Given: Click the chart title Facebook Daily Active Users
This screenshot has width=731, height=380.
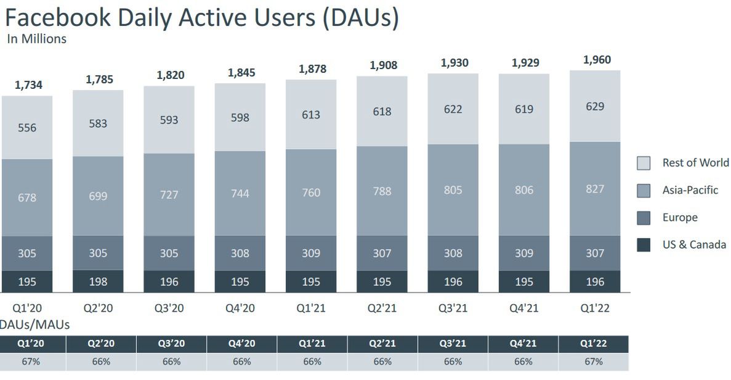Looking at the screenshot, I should point(201,17).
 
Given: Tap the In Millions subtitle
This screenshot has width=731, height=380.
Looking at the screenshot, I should point(37,39).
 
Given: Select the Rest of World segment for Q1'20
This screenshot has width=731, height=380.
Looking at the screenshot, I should point(27,128).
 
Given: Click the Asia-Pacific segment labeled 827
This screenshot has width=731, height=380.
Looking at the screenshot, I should point(595,189).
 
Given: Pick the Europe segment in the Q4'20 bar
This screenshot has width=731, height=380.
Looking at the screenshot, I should point(240,253).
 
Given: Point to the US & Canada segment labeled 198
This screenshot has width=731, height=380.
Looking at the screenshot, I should point(98,282).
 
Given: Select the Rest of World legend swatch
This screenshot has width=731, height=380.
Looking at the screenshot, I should point(643,163).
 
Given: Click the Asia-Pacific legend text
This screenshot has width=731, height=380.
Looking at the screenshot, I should point(690,190).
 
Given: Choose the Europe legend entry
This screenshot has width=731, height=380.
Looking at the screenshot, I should point(680,217).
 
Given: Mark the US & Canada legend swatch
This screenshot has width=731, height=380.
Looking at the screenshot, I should point(643,245).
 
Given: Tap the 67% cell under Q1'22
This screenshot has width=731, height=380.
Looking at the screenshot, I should point(594,361).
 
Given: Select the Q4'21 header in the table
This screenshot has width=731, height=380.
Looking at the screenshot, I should point(523,344).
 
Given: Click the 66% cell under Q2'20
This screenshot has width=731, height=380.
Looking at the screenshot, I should point(101,361).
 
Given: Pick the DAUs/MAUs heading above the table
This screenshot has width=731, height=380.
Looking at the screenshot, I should point(34,324).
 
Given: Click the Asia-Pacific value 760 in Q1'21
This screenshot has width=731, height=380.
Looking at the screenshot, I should point(311,192).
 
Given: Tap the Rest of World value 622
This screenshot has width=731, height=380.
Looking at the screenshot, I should point(453,109).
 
